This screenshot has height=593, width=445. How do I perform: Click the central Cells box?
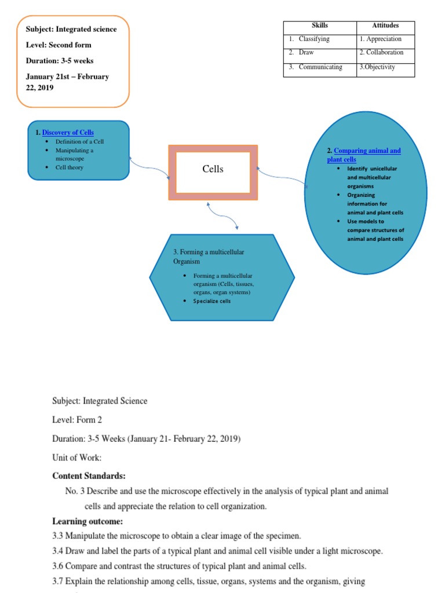pyautogui.click(x=213, y=172)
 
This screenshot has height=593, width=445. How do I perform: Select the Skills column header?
pyautogui.click(x=320, y=26)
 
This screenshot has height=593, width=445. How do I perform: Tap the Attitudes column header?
pyautogui.click(x=385, y=26)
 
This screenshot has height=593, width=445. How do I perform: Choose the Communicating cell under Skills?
pyautogui.click(x=320, y=67)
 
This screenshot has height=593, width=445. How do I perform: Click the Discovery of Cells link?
pyautogui.click(x=68, y=133)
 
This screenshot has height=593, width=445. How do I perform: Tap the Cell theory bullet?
pyautogui.click(x=70, y=168)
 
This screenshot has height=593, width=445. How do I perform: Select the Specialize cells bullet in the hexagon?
pyautogui.click(x=211, y=301)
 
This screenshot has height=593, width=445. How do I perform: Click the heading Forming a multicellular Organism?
pyautogui.click(x=209, y=257)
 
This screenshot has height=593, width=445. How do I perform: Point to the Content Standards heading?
pyautogui.click(x=89, y=476)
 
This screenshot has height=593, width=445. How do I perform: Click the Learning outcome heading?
pyautogui.click(x=87, y=521)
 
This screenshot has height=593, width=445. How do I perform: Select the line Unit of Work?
pyautogui.click(x=76, y=458)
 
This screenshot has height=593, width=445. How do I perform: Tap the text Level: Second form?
pyautogui.click(x=59, y=45)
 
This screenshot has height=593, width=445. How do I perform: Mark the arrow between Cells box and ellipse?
pyautogui.click(x=282, y=177)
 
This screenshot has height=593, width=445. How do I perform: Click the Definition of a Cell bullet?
pyautogui.click(x=79, y=142)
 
